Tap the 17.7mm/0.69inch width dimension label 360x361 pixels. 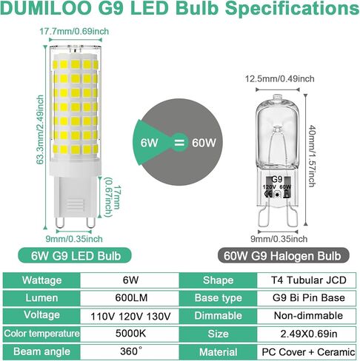tap(74, 31)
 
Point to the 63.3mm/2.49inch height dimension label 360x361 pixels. tap(40, 129)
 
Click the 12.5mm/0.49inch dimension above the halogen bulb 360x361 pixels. tap(279, 78)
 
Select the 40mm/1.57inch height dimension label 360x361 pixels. tap(313, 156)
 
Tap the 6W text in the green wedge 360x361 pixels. tap(149, 143)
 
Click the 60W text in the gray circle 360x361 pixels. tap(204, 143)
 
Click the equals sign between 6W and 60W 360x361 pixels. tap(179, 143)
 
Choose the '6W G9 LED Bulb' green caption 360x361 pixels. tap(75, 256)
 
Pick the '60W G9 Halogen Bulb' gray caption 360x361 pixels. tap(284, 256)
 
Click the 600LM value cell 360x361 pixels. tap(131, 298)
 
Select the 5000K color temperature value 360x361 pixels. tap(130, 334)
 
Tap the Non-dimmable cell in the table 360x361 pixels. tap(308, 316)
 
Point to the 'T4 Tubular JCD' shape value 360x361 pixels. tap(309, 280)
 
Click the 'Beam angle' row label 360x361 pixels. tap(41, 351)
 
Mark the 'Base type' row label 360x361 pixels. tap(218, 298)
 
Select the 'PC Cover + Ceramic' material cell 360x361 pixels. tap(308, 352)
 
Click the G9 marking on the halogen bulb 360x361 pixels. tap(277, 180)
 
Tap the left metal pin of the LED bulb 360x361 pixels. tap(59, 223)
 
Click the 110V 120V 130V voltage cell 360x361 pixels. tap(130, 316)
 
